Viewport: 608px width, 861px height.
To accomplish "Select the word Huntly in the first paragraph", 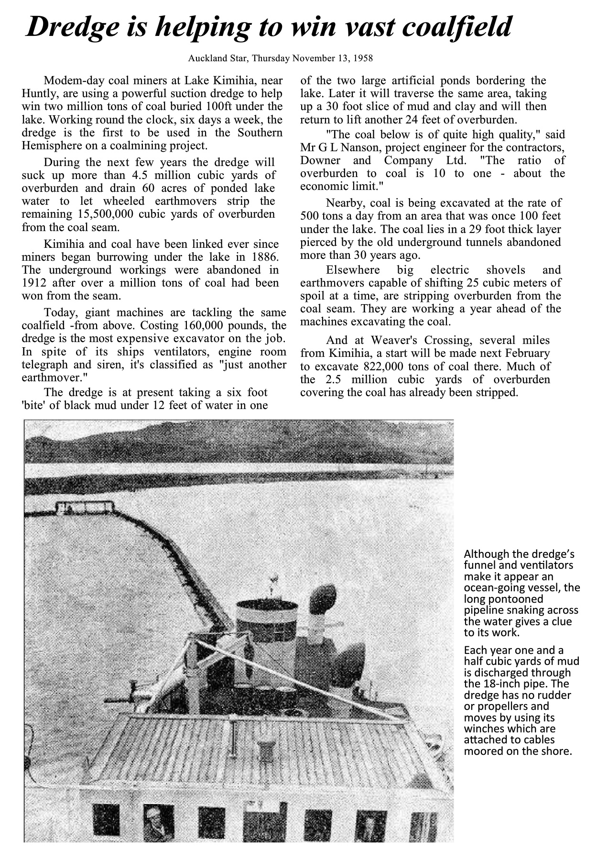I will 38,94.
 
